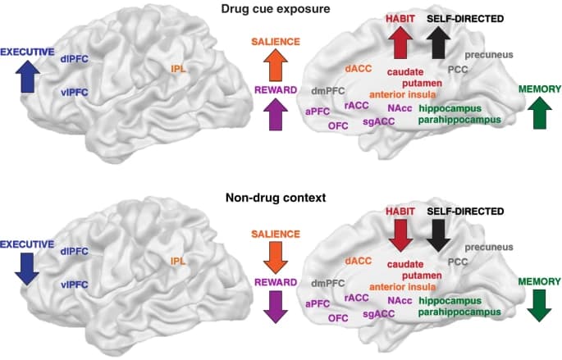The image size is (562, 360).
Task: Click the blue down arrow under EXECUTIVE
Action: point(27,267)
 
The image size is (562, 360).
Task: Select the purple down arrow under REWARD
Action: point(276,308)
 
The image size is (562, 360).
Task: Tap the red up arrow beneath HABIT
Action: point(402,43)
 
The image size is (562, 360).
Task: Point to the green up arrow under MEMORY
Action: point(538,112)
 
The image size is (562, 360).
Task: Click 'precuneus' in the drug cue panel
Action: point(489,55)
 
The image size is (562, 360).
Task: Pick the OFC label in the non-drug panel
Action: point(338,317)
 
